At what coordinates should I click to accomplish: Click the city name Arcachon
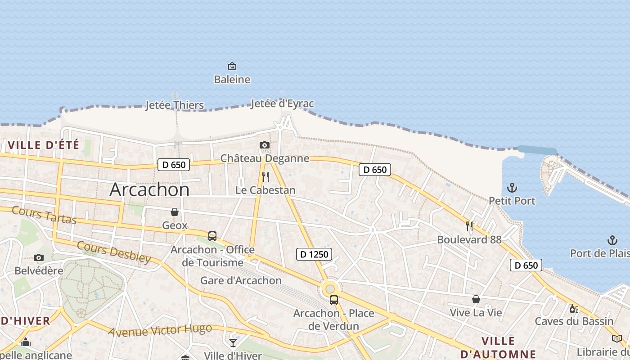pos(149,189)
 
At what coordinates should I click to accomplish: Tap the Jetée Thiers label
pos(175,105)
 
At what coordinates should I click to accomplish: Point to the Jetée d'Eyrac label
pos(282,104)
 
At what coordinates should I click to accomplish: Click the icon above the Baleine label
pos(232,67)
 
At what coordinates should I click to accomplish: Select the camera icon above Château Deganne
pos(265,145)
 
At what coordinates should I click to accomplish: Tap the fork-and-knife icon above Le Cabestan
pos(265,176)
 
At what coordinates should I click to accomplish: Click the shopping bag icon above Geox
pos(175,212)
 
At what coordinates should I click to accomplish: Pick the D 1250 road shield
pos(315,254)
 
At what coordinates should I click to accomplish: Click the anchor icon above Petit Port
pos(512,187)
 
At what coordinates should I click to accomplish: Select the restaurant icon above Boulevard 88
pos(469,226)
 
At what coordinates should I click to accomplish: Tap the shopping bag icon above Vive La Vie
pos(476,299)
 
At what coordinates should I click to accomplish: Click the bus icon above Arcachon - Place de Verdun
pos(334,300)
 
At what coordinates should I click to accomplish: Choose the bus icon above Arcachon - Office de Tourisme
pos(212,236)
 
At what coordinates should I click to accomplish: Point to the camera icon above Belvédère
pos(39,257)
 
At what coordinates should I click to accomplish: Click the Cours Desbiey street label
pos(113,252)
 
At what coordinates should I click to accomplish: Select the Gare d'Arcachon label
pos(241,281)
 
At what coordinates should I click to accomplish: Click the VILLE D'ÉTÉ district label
pos(44,145)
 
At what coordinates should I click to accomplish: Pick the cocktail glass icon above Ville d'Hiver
pos(233,342)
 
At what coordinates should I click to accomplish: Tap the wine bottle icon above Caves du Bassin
pos(574,308)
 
